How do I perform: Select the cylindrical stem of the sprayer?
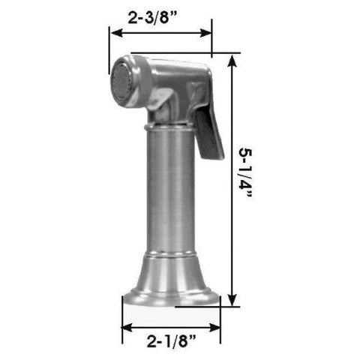(x=170, y=195)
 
